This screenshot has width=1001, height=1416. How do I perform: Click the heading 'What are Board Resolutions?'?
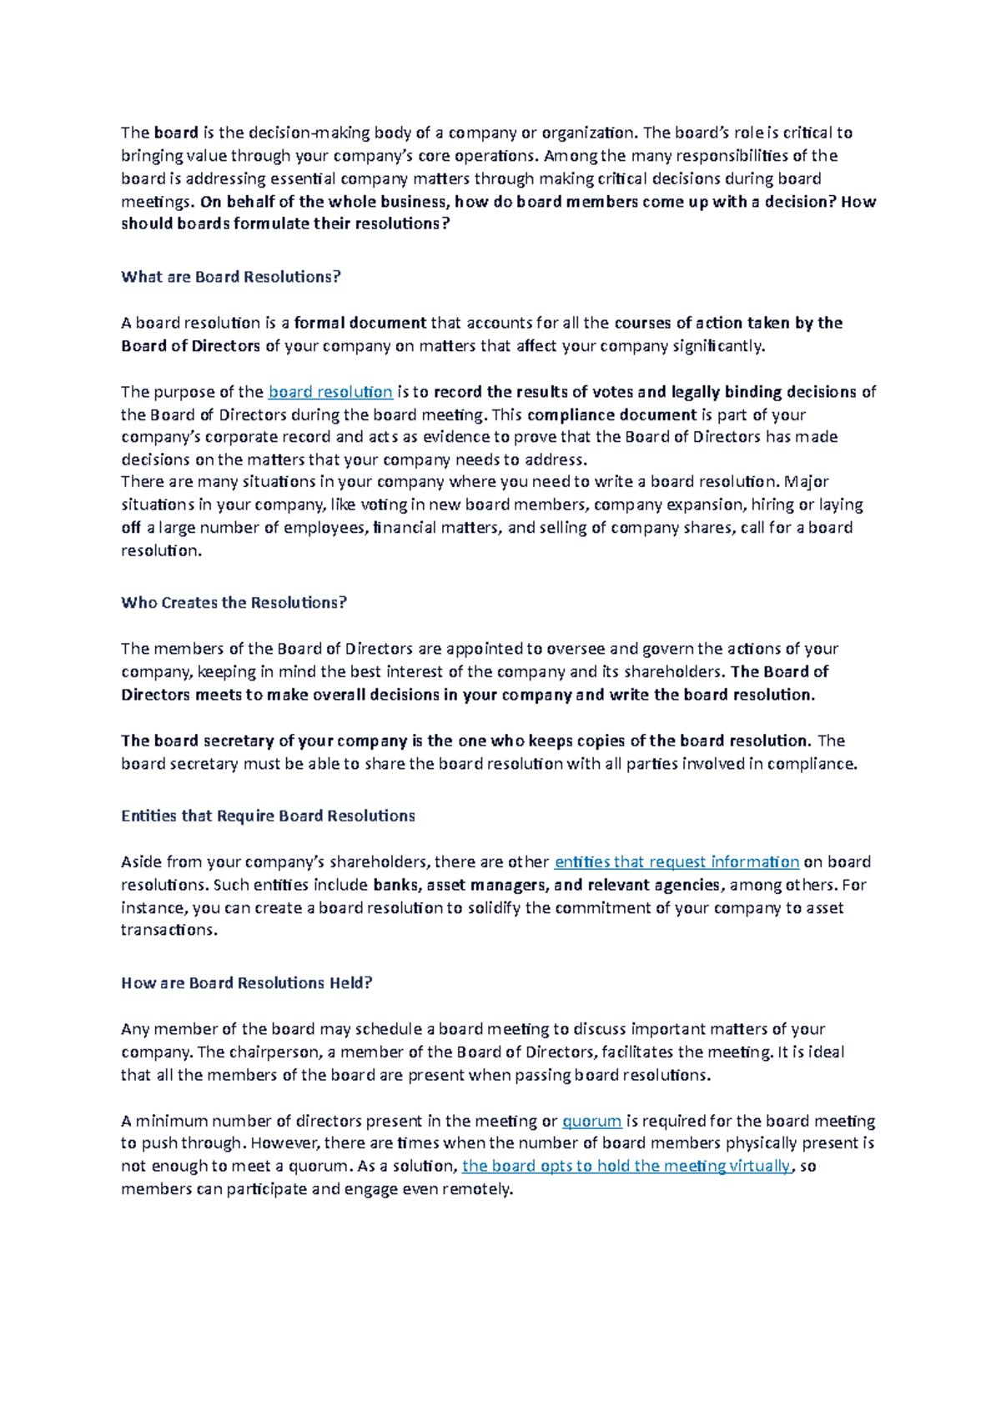coord(231,277)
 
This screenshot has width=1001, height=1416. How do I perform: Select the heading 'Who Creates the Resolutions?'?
coord(234,603)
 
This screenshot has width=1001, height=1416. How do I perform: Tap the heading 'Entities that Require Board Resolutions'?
coord(268,816)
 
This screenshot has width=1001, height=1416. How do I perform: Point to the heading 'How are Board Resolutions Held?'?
coord(246,983)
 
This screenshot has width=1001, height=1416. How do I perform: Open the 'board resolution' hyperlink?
coord(330,392)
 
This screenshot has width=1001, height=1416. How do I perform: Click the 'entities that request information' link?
coord(677,862)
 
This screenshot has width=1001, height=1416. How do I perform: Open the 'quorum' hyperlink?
coord(591,1122)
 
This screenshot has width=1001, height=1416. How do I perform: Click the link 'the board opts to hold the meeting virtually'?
coord(626,1167)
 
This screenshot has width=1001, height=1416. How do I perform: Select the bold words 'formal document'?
coord(360,323)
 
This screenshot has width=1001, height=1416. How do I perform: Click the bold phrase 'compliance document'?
coord(611,415)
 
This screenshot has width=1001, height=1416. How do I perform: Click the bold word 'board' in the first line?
coord(176,133)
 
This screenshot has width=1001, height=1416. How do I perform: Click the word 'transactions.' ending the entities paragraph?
coord(169,931)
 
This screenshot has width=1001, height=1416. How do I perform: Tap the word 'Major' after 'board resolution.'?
coord(807,482)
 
